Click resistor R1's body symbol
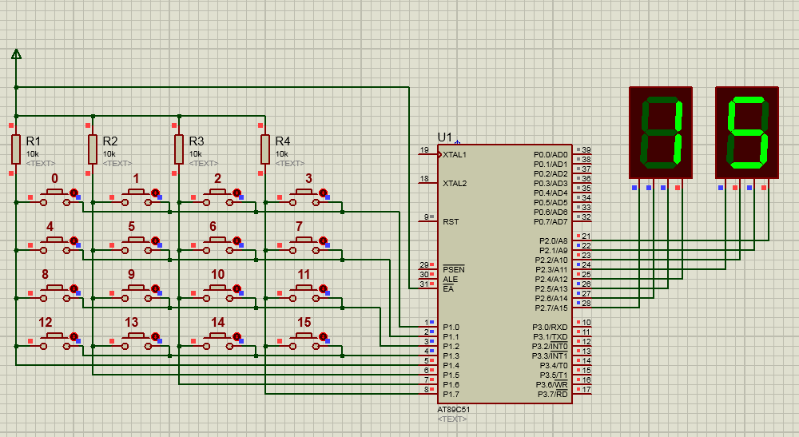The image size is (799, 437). pos(16,149)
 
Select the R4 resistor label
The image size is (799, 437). pos(282,141)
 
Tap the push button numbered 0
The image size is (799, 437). pos(54,197)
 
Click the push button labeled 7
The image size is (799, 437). pos(304,245)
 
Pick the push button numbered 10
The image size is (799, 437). pos(217,293)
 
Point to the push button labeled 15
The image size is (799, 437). pos(304,341)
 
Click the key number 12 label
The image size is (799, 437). pos(46,323)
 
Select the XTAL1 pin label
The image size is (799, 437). pos(455,155)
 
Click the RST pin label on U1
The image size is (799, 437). pos(451,222)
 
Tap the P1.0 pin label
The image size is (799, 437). pos(451,328)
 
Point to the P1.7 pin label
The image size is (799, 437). pos(451,394)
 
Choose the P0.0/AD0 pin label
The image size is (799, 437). pos(551,155)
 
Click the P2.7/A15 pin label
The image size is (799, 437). pos(551,308)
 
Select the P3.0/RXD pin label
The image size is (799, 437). pos(550,328)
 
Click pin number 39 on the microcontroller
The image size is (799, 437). pos(586,150)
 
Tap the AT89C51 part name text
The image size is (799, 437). pos(454,410)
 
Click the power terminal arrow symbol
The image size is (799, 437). pos(16,54)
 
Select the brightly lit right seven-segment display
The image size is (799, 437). pos(747,133)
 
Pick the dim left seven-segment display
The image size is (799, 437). pos(661,133)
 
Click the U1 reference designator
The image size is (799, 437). pos(445,137)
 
